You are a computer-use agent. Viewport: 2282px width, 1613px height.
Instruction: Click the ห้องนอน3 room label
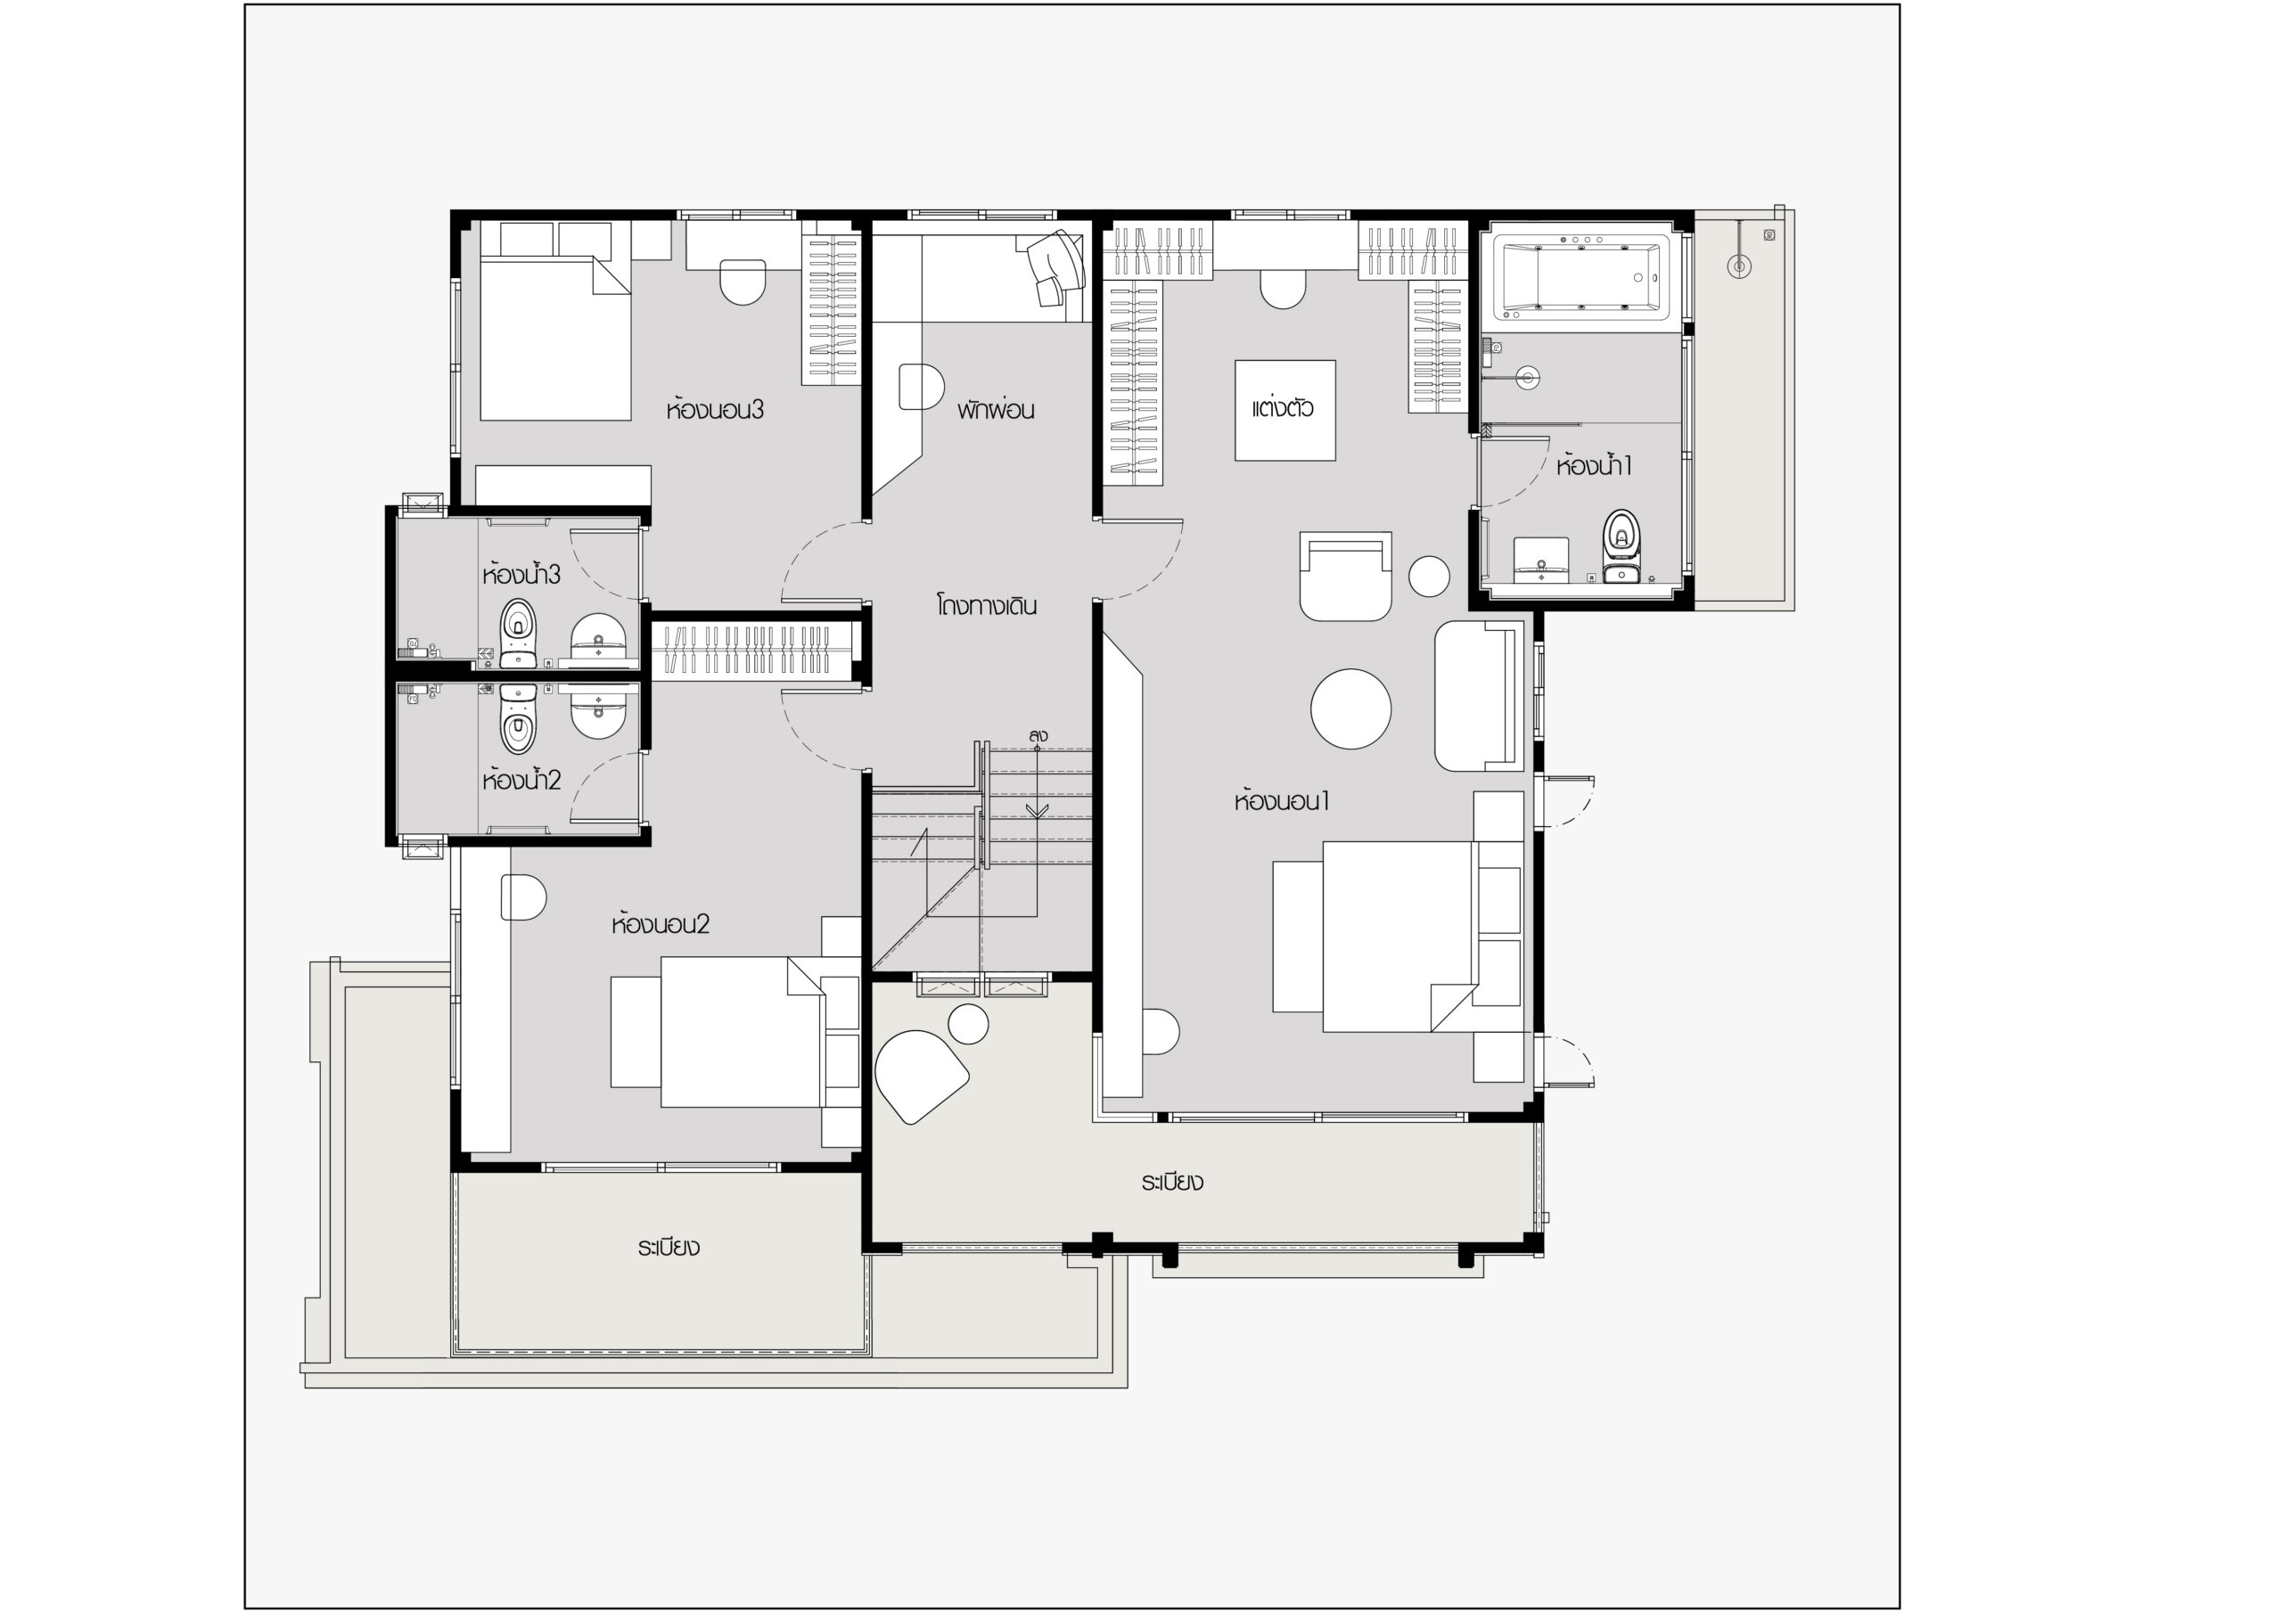pos(715,408)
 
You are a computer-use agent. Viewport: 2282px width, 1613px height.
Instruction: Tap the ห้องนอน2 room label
pos(660,923)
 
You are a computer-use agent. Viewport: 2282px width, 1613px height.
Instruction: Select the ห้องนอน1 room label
pos(1281,800)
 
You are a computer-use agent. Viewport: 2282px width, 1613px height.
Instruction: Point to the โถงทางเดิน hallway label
pos(986,605)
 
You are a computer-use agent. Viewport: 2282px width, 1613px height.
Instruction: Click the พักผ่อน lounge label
pos(996,408)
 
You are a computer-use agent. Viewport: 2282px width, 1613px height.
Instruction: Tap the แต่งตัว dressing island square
pos(1285,409)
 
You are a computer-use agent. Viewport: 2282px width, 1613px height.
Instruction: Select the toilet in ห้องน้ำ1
pos(1621,545)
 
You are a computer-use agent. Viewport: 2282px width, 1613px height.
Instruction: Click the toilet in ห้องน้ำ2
pos(517,718)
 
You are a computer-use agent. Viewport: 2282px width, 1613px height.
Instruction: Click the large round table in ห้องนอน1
pos(1350,708)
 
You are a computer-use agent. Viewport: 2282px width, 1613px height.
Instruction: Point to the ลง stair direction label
pos(1038,735)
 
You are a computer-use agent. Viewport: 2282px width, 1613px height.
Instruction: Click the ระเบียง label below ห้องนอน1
pos(1172,1182)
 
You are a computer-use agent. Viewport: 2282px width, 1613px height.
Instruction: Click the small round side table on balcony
pos(968,1024)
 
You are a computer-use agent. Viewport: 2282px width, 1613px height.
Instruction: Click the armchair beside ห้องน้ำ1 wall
pos(1345,577)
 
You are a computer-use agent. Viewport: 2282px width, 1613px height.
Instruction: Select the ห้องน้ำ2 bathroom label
pos(521,779)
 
